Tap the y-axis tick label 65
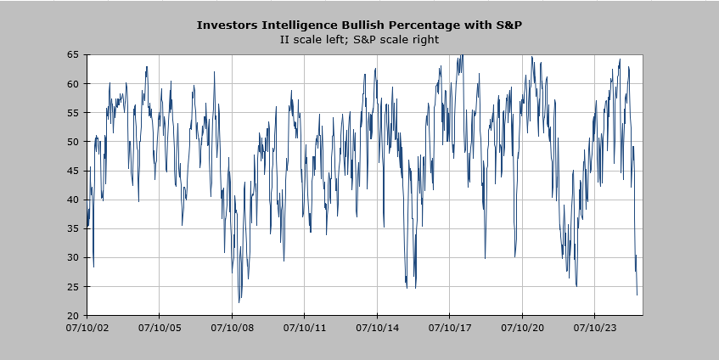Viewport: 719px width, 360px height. point(74,54)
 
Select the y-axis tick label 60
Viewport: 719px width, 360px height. point(74,83)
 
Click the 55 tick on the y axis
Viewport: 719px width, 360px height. point(74,112)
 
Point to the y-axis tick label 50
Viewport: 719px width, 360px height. point(74,141)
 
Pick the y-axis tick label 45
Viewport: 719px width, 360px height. point(74,171)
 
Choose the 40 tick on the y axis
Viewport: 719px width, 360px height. point(74,200)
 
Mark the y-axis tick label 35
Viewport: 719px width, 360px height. point(74,228)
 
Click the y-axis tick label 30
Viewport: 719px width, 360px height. point(74,257)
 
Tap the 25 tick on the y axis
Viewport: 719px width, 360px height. point(74,286)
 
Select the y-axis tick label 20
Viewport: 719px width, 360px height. point(74,315)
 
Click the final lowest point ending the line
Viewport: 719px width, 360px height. point(637,295)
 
